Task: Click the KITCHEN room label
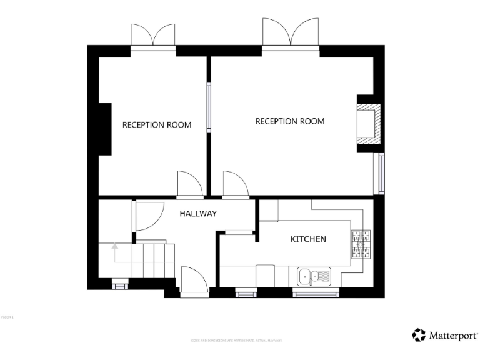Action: [x=308, y=239]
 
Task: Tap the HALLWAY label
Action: [x=198, y=214]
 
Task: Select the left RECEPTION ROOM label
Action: [x=157, y=124]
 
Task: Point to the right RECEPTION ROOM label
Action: [x=290, y=121]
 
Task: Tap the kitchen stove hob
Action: [x=361, y=244]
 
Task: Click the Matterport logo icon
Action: [x=419, y=335]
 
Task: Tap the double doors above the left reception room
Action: [x=153, y=36]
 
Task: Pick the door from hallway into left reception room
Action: [x=189, y=184]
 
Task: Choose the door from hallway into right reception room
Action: [x=235, y=184]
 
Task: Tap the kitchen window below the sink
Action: [x=316, y=291]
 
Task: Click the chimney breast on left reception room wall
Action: [x=104, y=129]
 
